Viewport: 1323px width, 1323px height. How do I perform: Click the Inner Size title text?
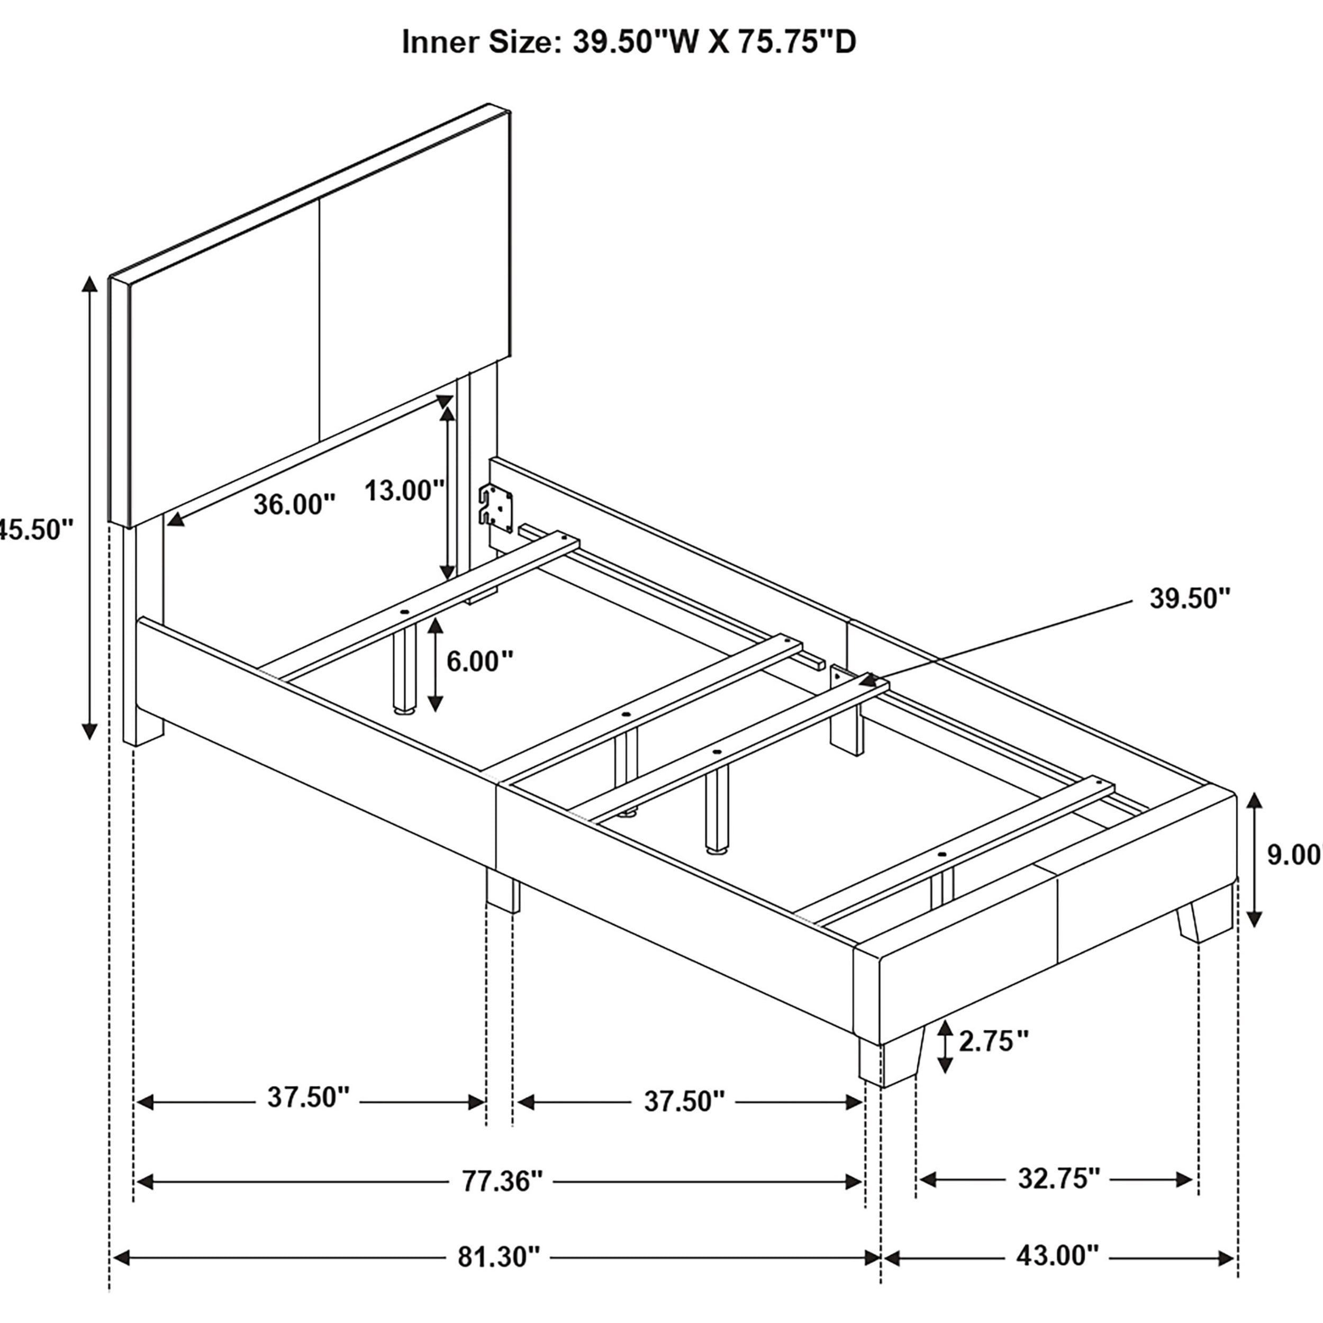click(x=628, y=42)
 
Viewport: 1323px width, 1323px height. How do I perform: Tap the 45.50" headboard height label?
click(x=34, y=529)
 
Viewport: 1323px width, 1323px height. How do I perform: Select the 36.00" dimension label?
click(x=294, y=505)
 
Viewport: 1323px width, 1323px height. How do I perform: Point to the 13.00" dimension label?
click(x=404, y=491)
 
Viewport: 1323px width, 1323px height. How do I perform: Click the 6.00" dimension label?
click(x=480, y=661)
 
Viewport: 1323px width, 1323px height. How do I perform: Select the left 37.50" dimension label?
click(x=308, y=1098)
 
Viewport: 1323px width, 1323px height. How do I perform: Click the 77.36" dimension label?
click(x=502, y=1181)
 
